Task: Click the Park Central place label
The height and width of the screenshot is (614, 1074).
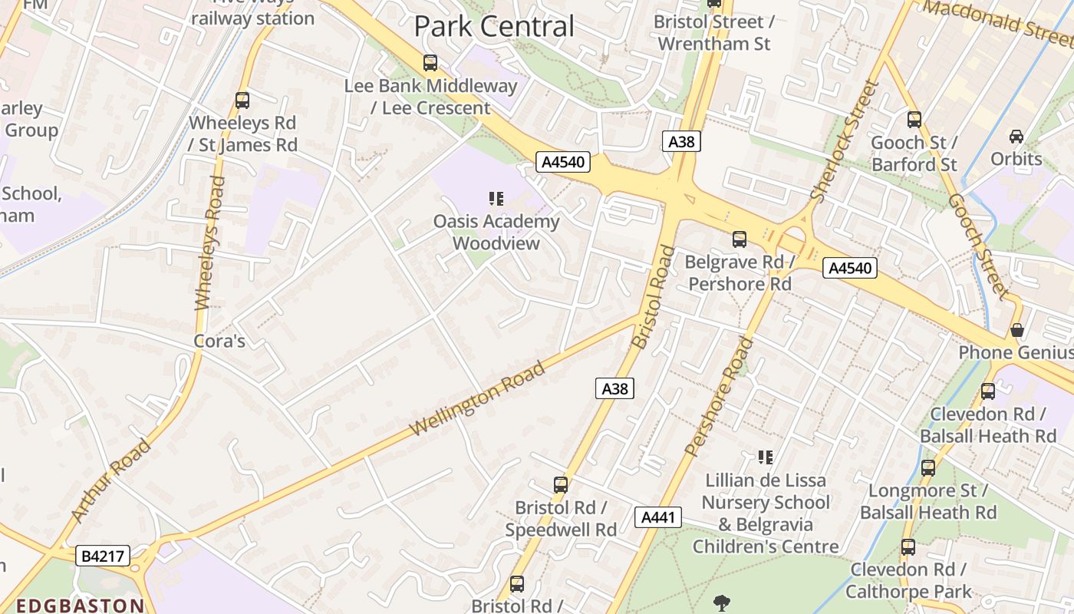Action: coord(494,26)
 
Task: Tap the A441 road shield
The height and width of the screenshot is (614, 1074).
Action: coord(658,517)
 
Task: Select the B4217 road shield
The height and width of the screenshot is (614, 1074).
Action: coord(103,556)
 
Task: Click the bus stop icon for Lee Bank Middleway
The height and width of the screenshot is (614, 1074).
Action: coord(430,63)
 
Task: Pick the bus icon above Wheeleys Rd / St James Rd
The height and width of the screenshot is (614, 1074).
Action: coord(242,100)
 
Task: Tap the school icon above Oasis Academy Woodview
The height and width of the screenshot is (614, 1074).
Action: coord(496,199)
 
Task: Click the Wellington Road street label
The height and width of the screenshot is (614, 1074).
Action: coord(479,398)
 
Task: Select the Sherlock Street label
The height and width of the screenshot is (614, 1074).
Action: coord(844,142)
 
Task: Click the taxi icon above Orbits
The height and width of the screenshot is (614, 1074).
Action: coord(1016,136)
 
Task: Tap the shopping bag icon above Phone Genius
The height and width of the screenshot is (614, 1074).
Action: coord(1017,330)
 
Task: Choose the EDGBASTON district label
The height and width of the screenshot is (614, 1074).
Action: coord(80,606)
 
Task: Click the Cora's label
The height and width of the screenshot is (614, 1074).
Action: coord(219,341)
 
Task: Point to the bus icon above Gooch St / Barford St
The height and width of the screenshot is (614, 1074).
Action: coord(914,120)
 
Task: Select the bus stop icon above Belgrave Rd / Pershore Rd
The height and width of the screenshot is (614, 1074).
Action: coord(740,239)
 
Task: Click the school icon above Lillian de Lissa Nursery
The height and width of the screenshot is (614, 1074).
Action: coord(765,457)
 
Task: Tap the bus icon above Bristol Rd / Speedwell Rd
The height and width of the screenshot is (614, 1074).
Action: coord(561,485)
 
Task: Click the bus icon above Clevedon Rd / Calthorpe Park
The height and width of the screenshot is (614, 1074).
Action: coord(908,547)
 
